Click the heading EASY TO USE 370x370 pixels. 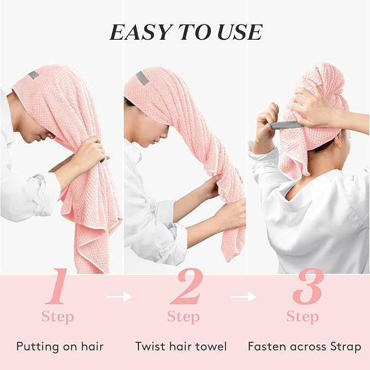pos(185,33)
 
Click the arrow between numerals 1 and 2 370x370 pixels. pos(120,297)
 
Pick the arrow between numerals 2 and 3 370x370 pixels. pos(244,297)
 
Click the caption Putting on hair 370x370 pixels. pos(59,346)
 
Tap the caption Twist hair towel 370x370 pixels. pos(181,346)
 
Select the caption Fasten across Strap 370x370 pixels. pos(304,346)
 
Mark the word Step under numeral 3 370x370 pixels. pos(302,317)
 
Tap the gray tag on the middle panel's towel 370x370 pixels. pos(143,77)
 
